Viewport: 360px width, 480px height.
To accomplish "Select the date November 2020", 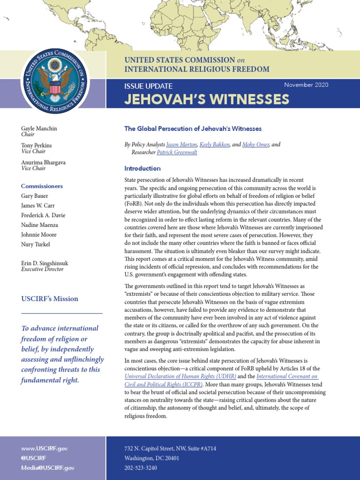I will click(306, 85).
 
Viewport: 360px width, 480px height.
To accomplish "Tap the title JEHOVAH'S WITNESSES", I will click(206, 99).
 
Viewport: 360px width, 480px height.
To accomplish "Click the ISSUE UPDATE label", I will click(148, 86).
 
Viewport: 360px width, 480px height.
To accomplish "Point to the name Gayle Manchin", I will click(39, 128).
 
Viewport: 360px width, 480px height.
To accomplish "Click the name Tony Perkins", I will click(37, 146).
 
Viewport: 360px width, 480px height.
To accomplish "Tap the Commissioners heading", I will click(42, 186).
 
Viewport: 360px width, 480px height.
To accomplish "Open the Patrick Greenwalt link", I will click(177, 152).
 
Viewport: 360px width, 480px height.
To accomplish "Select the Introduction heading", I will click(142, 168).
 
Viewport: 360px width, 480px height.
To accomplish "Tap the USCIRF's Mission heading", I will click(50, 299).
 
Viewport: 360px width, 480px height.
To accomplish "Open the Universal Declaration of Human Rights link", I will click(180, 376).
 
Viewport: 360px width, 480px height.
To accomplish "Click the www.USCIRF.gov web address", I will click(44, 449).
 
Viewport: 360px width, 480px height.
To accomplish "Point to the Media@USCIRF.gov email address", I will click(47, 468).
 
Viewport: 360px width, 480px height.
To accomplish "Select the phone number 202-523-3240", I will click(141, 468).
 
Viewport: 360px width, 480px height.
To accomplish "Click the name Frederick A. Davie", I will click(43, 215).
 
